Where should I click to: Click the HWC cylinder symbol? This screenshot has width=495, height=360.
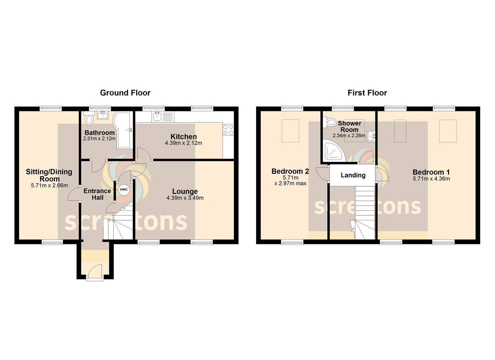[124, 190]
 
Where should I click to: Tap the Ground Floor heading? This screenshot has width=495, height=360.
[125, 93]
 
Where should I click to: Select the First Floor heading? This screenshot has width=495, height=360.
[367, 93]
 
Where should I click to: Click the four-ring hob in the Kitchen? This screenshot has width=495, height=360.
[228, 130]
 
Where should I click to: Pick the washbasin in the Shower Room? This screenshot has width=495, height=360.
[371, 136]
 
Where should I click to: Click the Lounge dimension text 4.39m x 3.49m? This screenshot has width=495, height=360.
[185, 198]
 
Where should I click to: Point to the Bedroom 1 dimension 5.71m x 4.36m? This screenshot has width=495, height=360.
[431, 179]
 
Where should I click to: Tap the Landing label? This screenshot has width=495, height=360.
[353, 175]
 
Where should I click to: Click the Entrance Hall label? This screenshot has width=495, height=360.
[97, 194]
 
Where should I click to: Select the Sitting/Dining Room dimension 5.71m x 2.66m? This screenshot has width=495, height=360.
[49, 185]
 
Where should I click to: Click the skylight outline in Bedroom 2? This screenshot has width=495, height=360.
[290, 131]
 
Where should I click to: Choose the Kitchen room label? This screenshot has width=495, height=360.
[183, 137]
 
